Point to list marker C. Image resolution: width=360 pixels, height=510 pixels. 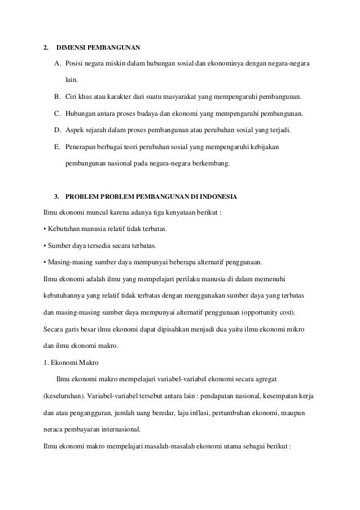tap(58, 114)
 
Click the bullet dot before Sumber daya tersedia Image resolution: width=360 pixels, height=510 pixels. tap(45, 247)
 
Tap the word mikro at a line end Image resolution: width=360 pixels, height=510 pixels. tap(308, 329)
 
